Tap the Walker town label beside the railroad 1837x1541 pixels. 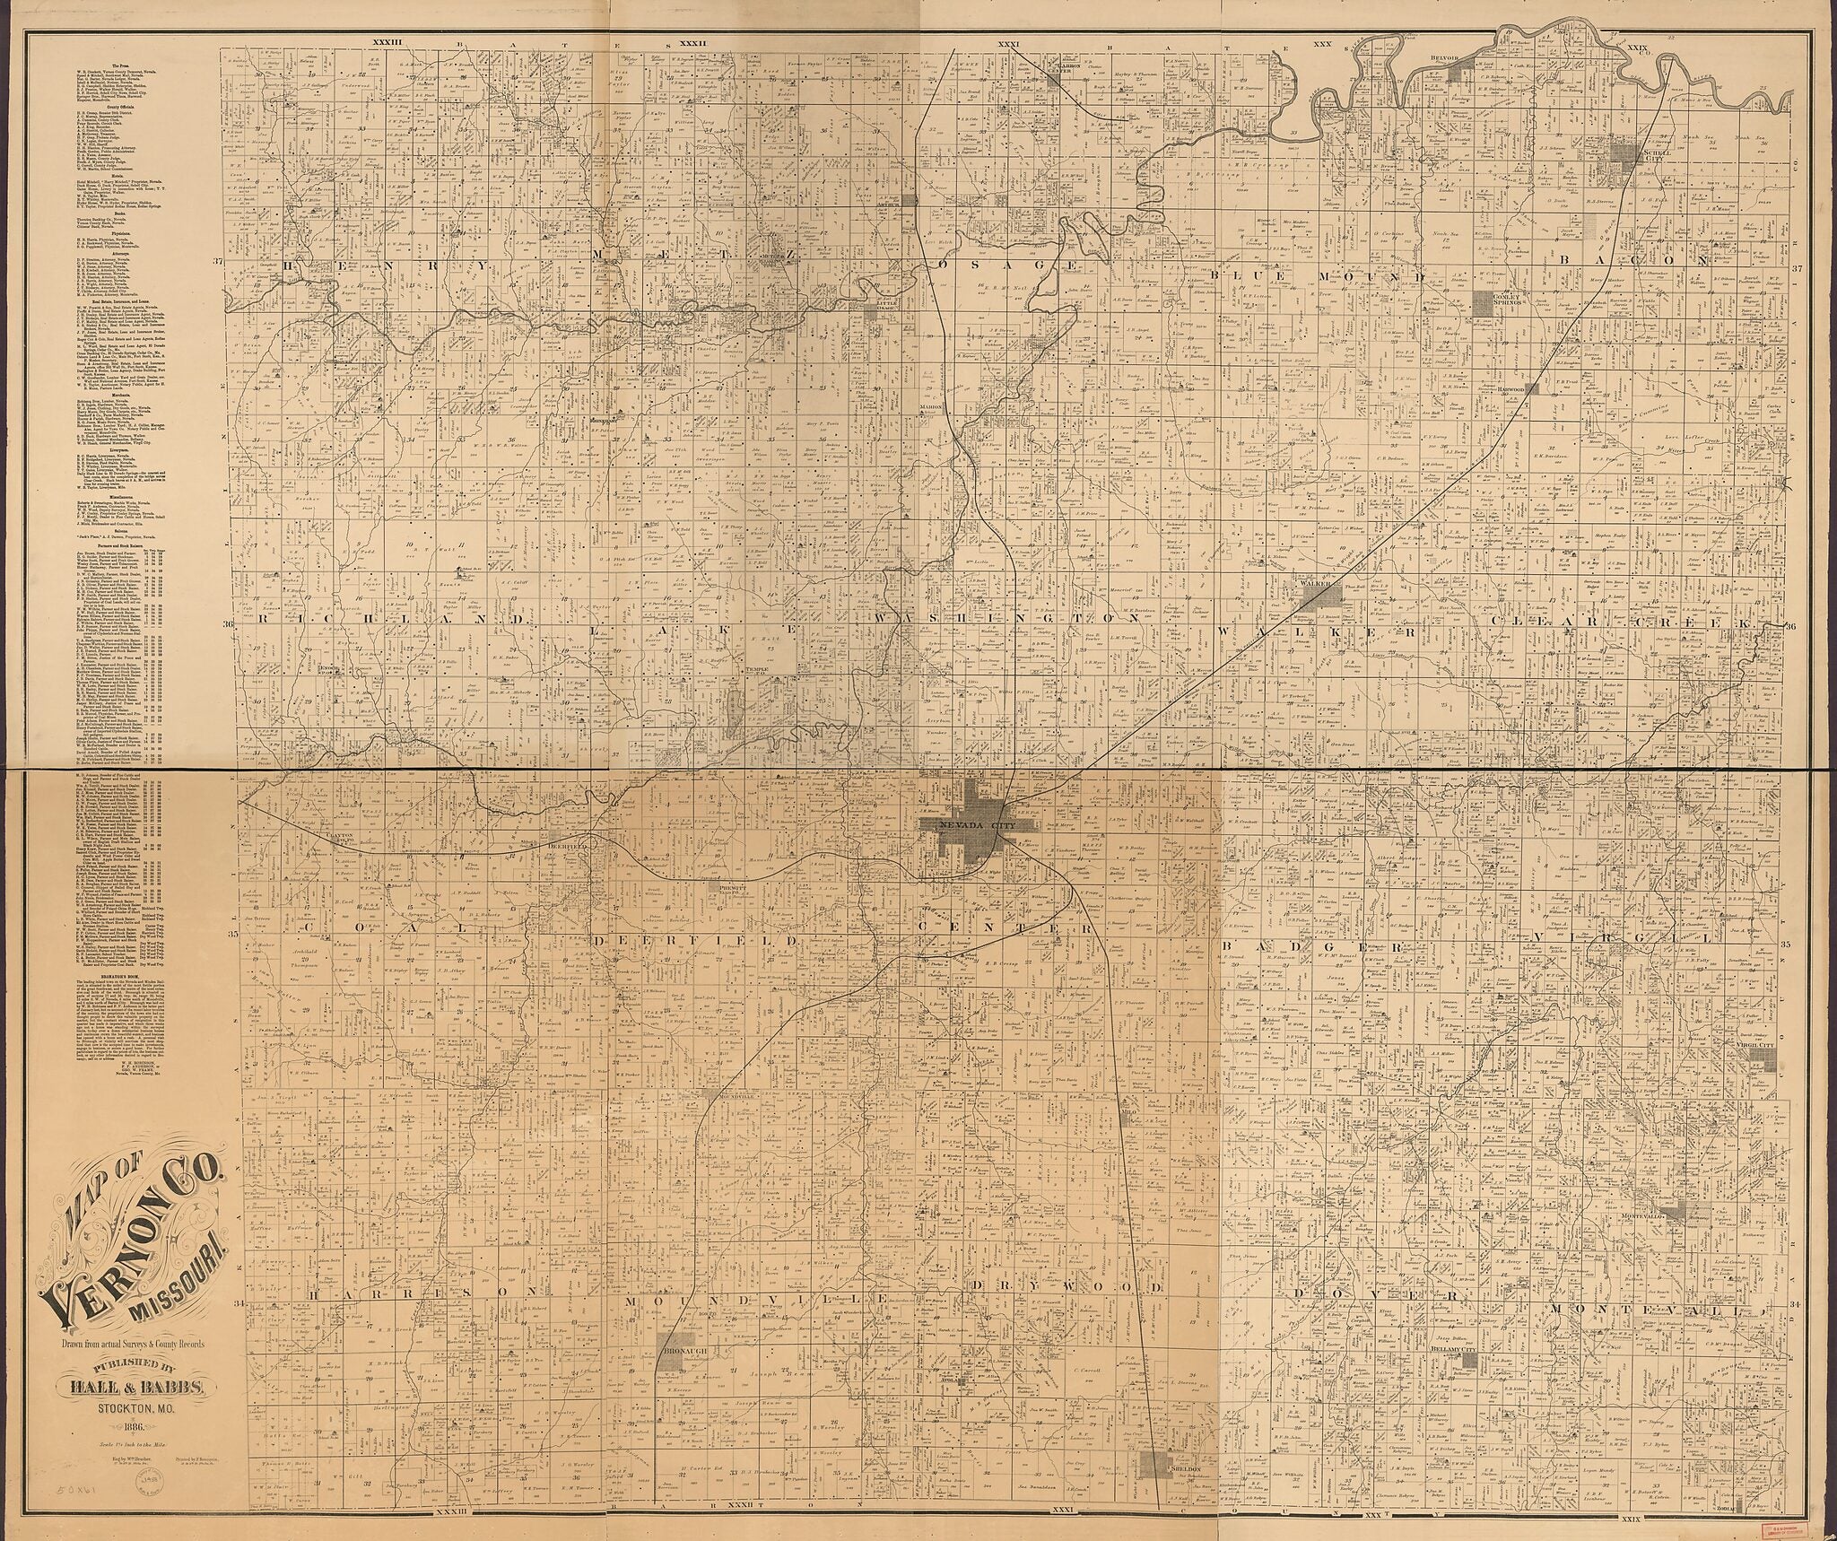point(1311,583)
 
